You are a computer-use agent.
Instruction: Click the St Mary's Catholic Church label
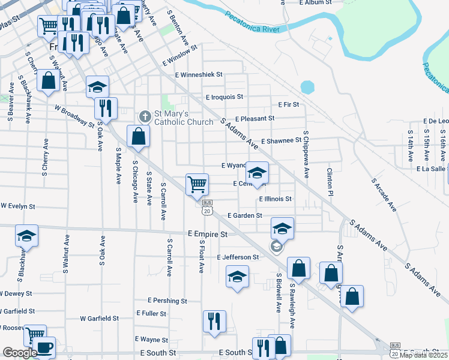pos(184,118)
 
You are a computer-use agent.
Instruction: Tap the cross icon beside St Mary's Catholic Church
pos(145,116)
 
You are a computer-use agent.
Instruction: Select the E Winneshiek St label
pos(199,75)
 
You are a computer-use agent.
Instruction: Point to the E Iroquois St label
pos(224,97)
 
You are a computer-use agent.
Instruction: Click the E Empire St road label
pos(207,234)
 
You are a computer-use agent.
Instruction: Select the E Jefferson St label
pos(238,257)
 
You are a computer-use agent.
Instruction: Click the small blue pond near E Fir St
pos(307,88)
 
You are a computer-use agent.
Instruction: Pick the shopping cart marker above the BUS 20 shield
pos(197,185)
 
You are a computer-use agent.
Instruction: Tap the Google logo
pos(20,353)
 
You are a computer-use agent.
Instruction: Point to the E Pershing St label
pos(167,301)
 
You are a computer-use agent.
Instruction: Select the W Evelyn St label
pos(18,206)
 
